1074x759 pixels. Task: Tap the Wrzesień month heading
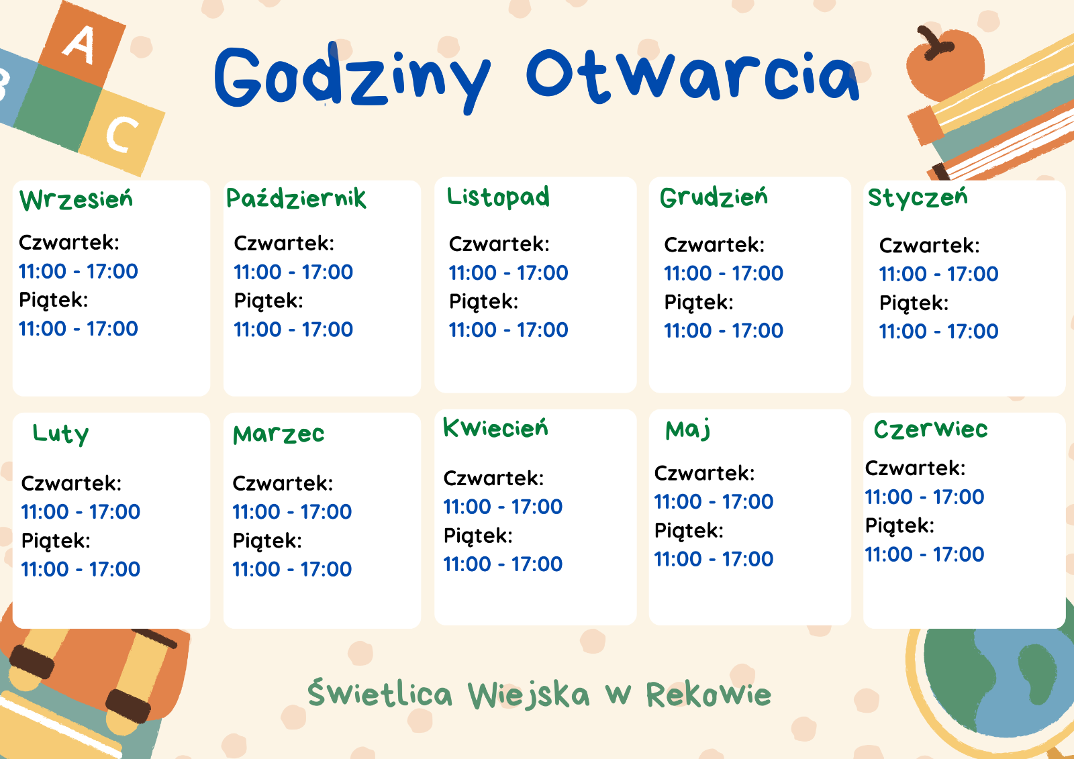click(76, 199)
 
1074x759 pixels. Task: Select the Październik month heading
click(296, 199)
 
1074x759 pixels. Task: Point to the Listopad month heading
click(498, 197)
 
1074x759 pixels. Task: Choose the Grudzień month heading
click(714, 197)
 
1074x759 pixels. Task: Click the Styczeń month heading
click(918, 198)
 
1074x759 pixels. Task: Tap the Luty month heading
click(60, 434)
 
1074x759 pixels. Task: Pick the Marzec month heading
click(279, 434)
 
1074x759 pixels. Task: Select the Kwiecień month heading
click(495, 427)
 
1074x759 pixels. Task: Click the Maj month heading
click(687, 430)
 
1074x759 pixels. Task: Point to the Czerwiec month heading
click(930, 429)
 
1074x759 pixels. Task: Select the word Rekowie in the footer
click(709, 695)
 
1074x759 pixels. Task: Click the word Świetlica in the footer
click(380, 693)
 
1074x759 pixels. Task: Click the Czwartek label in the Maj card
click(704, 473)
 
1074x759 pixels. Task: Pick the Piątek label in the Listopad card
click(483, 303)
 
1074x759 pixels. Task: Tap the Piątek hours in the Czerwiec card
click(924, 554)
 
